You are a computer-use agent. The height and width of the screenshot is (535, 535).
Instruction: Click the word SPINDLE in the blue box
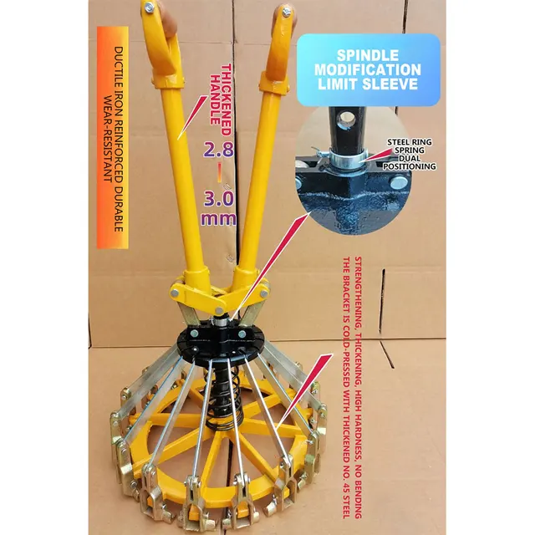click(368, 56)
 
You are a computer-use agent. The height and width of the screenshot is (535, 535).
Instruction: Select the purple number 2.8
click(219, 149)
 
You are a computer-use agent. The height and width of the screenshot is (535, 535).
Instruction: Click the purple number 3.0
click(219, 199)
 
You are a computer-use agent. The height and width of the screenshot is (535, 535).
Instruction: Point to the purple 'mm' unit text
click(218, 219)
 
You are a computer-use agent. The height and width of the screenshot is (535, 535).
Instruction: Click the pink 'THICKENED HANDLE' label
click(220, 94)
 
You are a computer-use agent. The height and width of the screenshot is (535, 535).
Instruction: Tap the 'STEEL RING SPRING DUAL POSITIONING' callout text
click(409, 154)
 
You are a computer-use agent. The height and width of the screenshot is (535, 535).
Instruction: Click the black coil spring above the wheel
click(223, 400)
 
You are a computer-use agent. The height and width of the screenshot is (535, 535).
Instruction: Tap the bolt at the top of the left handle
click(149, 8)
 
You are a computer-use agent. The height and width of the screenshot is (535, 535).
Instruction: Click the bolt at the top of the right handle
click(286, 12)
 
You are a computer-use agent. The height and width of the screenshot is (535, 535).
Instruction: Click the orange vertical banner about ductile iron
click(113, 137)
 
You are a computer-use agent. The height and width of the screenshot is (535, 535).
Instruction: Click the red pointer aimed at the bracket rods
click(304, 391)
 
